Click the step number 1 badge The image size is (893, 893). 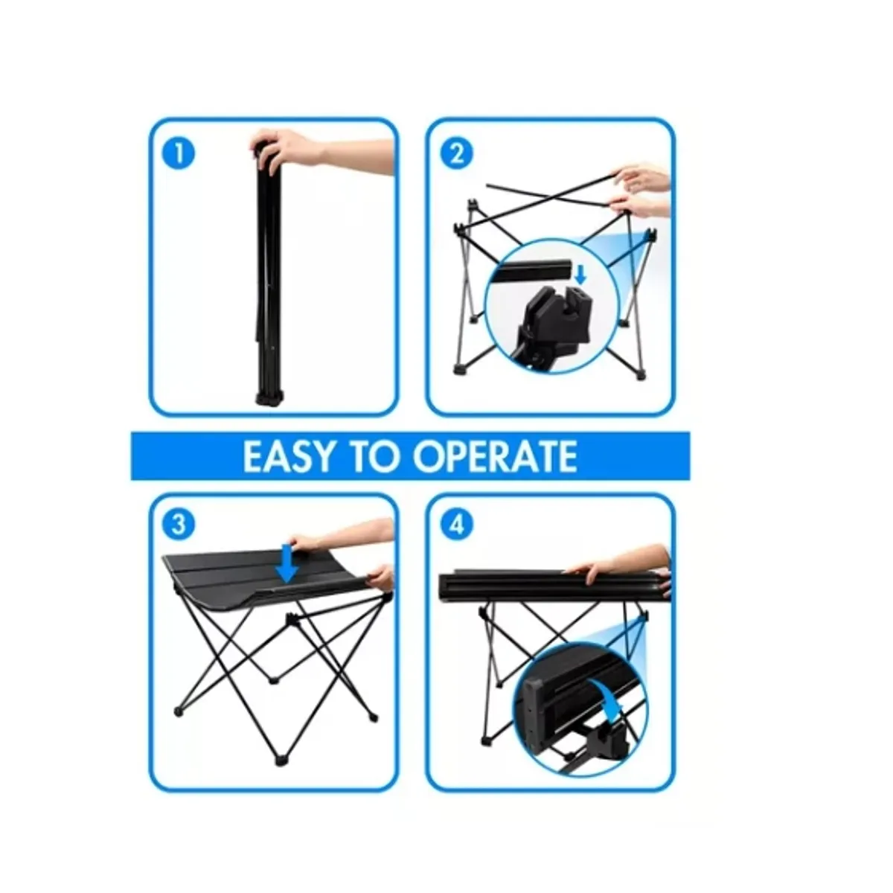point(179,153)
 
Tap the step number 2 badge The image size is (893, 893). point(456,153)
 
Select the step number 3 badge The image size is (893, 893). point(179,524)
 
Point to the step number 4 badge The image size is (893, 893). point(456,524)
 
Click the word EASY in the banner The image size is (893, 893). point(288,456)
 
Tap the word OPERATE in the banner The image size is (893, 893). point(494,456)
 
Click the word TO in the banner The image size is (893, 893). point(373,456)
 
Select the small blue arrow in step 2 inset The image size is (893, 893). point(580,277)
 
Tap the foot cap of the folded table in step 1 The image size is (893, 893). point(269,399)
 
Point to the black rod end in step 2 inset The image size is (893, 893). point(533,270)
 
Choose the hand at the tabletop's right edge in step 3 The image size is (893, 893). point(381,577)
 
